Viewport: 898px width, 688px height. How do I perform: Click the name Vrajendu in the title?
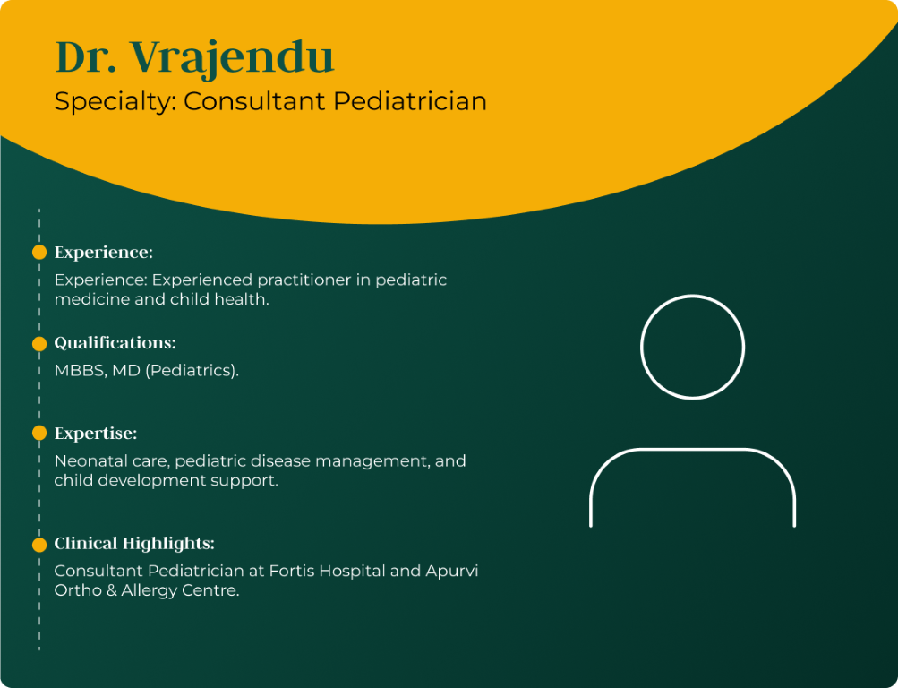(232, 58)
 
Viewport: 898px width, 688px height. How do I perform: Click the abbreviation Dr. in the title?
(86, 56)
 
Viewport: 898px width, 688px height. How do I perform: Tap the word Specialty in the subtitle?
(115, 102)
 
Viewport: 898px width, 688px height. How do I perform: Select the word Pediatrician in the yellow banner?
(409, 101)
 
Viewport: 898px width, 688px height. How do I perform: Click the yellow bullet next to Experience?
(39, 252)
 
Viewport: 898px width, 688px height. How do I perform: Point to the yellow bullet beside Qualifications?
(39, 344)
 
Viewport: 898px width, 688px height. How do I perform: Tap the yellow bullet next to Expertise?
(39, 433)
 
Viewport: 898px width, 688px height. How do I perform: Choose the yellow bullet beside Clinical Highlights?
(39, 544)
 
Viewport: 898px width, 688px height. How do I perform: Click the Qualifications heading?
(115, 342)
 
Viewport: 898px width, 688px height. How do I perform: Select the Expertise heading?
(96, 434)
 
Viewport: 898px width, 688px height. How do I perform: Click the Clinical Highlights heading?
(134, 543)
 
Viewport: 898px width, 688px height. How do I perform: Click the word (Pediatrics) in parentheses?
(192, 371)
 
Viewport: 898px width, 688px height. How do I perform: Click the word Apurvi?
(452, 572)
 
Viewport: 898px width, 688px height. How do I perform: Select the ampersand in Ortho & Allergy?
(111, 590)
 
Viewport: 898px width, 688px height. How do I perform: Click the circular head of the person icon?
(692, 296)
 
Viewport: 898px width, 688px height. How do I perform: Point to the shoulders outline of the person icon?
(692, 450)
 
